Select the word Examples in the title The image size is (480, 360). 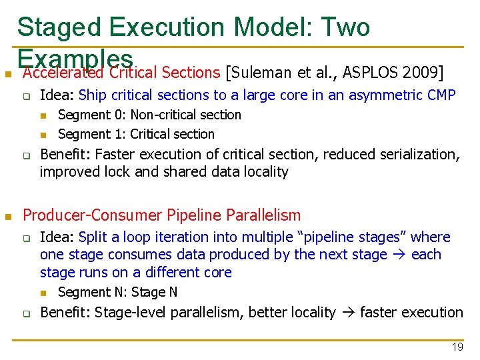pos(77,58)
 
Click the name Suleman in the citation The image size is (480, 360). pos(260,72)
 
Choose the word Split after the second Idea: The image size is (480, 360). pos(92,237)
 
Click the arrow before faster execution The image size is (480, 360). pos(347,313)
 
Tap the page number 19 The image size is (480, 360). pos(457,347)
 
